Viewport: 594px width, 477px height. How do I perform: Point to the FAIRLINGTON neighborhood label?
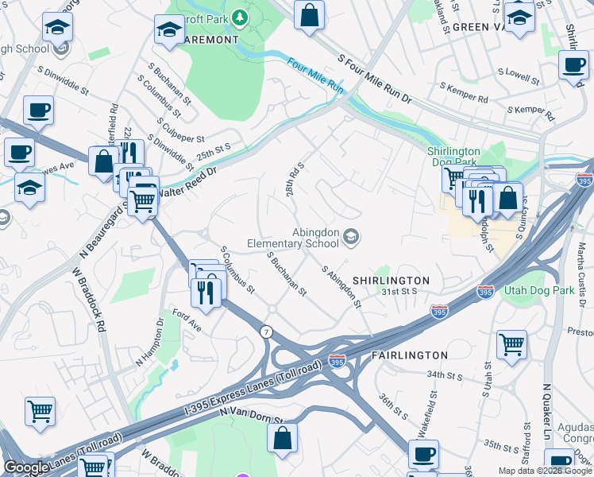pyautogui.click(x=409, y=355)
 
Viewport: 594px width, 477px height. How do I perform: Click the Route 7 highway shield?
pyautogui.click(x=264, y=329)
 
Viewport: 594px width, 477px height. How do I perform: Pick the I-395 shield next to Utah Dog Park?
pyautogui.click(x=486, y=293)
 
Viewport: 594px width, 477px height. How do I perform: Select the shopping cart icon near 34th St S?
pyautogui.click(x=511, y=345)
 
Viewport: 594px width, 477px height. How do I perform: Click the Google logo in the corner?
pyautogui.click(x=27, y=467)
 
